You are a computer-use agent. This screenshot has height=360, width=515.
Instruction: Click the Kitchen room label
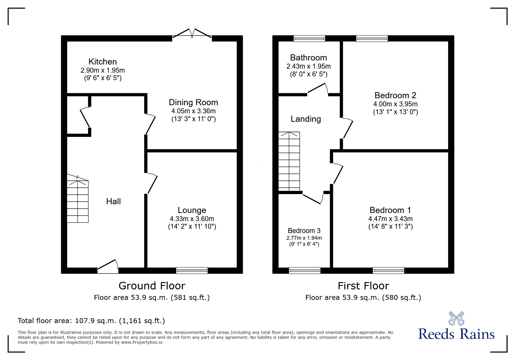point(103,62)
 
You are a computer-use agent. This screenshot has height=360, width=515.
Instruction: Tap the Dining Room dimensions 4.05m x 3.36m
point(193,111)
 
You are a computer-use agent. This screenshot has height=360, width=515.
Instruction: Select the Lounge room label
point(192,210)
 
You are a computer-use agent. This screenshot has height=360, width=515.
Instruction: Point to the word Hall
point(113,201)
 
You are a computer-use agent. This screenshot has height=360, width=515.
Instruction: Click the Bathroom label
point(309,58)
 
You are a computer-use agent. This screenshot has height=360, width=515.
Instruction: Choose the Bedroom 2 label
point(395,95)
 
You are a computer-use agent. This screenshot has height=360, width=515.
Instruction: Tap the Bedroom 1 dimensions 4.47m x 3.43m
point(391,219)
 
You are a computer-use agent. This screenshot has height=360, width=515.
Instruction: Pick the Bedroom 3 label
point(304,231)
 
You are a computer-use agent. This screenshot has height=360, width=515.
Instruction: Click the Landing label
point(306,119)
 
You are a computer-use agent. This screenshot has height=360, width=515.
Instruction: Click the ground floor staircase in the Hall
point(78,200)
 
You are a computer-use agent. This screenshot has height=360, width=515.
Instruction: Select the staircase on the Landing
point(289,161)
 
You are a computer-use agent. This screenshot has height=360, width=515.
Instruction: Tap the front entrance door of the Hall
point(108,267)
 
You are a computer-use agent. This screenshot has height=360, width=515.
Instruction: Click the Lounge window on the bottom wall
point(192,271)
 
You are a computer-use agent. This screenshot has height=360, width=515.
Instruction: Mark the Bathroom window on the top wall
point(309,38)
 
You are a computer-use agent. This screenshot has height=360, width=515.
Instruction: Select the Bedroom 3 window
point(304,271)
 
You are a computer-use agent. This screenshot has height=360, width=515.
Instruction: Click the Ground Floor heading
point(152,286)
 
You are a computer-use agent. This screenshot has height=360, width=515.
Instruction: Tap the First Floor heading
point(363,286)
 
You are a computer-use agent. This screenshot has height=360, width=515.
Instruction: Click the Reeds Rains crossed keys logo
point(456,318)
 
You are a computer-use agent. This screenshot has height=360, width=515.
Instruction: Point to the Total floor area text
point(91,321)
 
